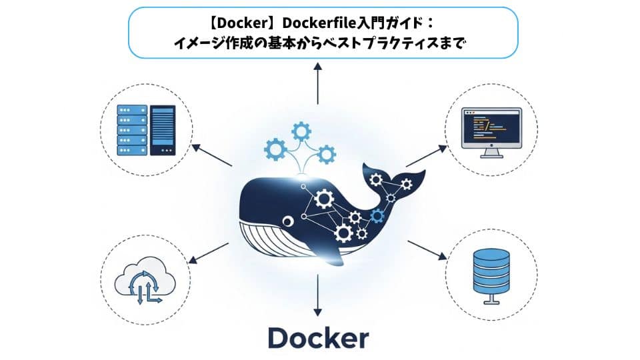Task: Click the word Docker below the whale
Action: (318, 338)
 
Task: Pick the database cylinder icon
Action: (492, 273)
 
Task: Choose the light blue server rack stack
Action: (131, 130)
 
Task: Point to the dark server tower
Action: (163, 130)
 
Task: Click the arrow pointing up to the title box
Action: (318, 83)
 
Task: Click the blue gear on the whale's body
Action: (377, 215)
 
